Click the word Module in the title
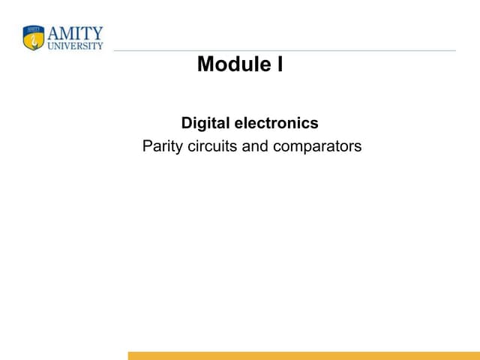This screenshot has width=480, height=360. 231,65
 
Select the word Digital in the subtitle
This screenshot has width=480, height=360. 205,123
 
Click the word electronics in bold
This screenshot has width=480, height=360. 276,123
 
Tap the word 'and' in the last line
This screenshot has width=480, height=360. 255,146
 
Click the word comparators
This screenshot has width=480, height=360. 317,146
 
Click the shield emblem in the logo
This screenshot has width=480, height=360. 34,38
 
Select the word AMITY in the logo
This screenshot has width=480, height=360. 75,33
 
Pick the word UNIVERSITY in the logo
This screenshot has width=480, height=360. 75,46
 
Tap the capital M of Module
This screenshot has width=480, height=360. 205,65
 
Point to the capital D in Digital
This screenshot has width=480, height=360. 187,123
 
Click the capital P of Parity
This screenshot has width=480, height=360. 147,146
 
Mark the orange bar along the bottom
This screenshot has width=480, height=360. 303,355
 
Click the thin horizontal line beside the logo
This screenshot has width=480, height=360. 285,51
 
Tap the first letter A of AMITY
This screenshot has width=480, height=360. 53,33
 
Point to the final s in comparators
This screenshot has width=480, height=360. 358,146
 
